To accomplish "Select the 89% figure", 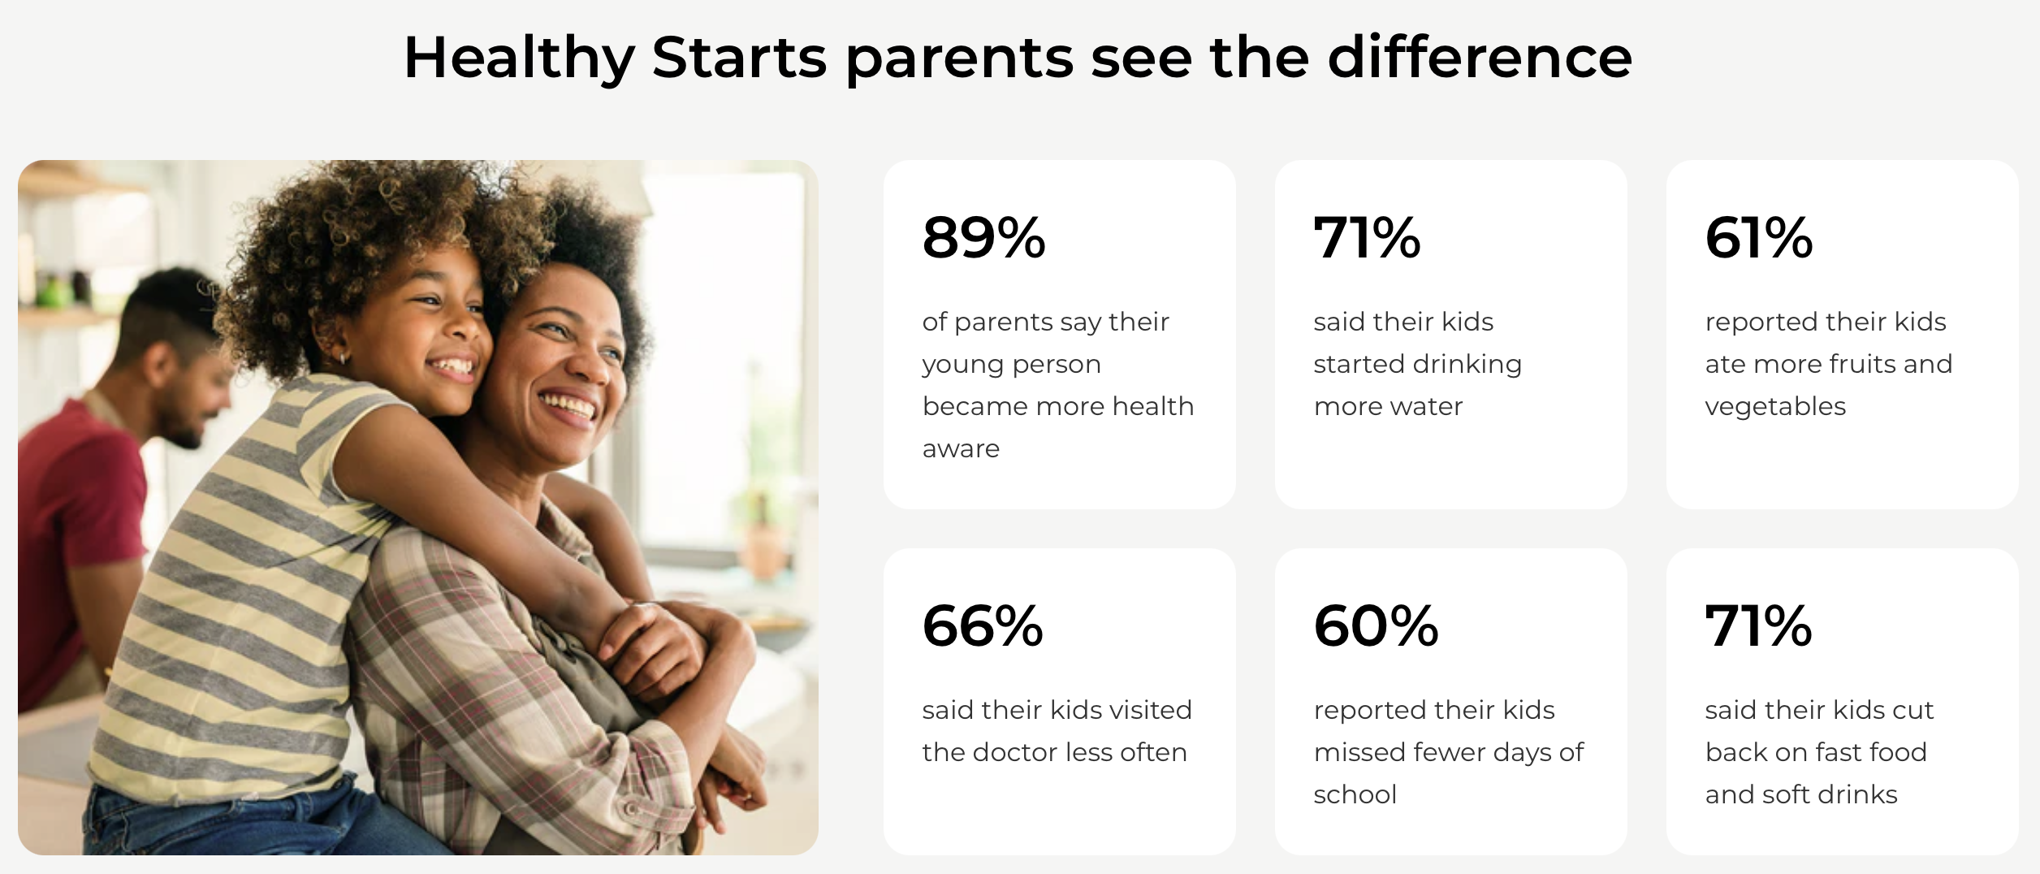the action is tap(983, 237).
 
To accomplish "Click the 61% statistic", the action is tap(1758, 237).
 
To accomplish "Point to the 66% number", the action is tap(983, 625).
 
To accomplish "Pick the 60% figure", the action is tap(1376, 625).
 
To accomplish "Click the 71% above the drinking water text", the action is tap(1367, 237).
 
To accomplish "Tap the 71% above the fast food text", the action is tap(1758, 625).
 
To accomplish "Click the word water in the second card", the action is tap(1428, 406).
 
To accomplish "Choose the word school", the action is tap(1355, 794).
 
